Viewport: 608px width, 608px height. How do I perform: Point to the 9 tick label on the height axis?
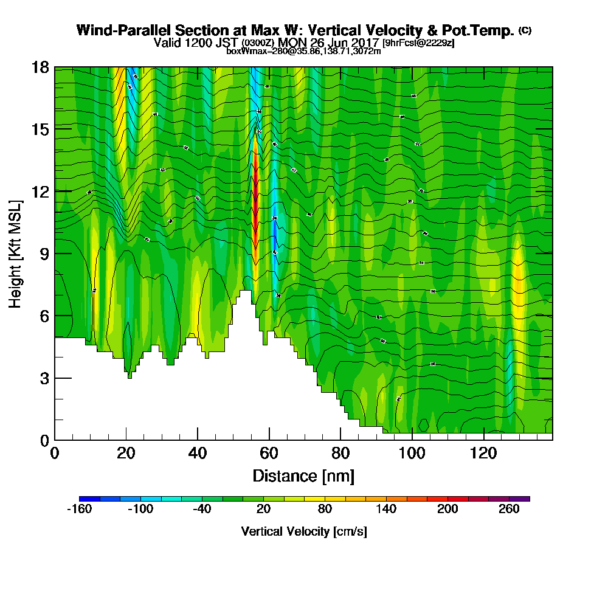44,254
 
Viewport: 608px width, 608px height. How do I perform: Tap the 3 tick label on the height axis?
44,378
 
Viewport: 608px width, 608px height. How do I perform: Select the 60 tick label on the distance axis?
269,454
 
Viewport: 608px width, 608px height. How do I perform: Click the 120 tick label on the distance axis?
483,454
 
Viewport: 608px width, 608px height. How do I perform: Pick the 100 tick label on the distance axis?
412,454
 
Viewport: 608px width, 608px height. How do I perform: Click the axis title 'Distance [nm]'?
303,475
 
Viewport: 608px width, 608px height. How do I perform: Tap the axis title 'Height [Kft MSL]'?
16,253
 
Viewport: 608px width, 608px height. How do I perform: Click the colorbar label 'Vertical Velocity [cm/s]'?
303,531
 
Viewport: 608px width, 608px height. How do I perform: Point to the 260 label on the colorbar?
509,510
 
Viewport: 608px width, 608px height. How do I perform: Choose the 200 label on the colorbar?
447,510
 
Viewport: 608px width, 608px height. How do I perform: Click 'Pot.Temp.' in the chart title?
483,30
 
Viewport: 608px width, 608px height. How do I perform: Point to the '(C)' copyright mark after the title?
525,30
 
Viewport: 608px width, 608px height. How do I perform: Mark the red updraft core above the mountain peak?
255,201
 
